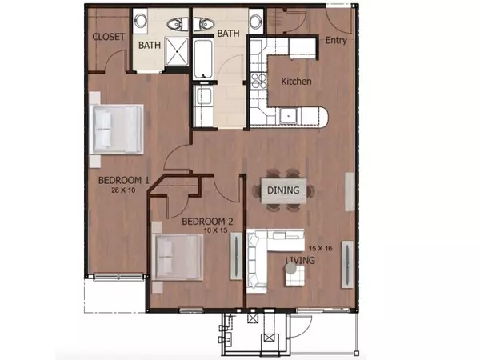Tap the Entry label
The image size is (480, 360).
tap(337, 41)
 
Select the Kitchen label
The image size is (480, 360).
tap(296, 82)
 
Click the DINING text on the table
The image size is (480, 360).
tap(284, 190)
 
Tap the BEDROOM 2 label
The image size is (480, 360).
tap(206, 222)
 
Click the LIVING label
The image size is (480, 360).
tap(300, 261)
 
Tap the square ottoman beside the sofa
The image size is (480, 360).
tap(294, 275)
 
